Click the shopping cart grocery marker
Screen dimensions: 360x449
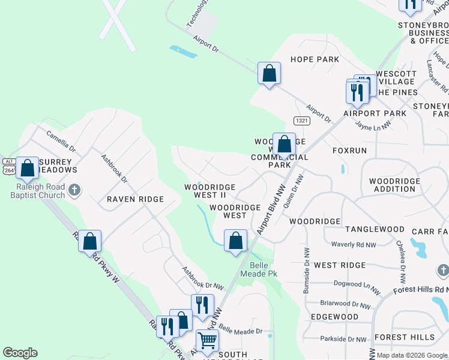(x=207, y=340)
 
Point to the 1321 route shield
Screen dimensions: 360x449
(x=302, y=121)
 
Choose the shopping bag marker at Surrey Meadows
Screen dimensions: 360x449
(x=27, y=168)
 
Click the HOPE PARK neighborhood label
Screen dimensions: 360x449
(x=315, y=59)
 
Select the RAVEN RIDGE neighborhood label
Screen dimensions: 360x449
(x=135, y=199)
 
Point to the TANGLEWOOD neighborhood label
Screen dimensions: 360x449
(x=375, y=229)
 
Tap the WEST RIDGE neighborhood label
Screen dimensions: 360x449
(x=340, y=265)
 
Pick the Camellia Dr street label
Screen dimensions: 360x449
(x=61, y=142)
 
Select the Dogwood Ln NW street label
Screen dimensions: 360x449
(x=357, y=287)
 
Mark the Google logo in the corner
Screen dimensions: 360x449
(x=20, y=353)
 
